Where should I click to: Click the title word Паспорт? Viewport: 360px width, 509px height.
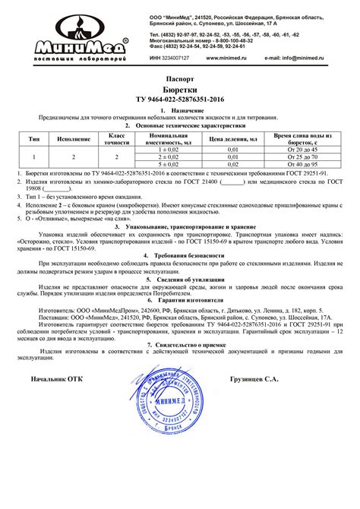(180, 78)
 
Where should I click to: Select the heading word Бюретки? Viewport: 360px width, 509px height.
(180, 89)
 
